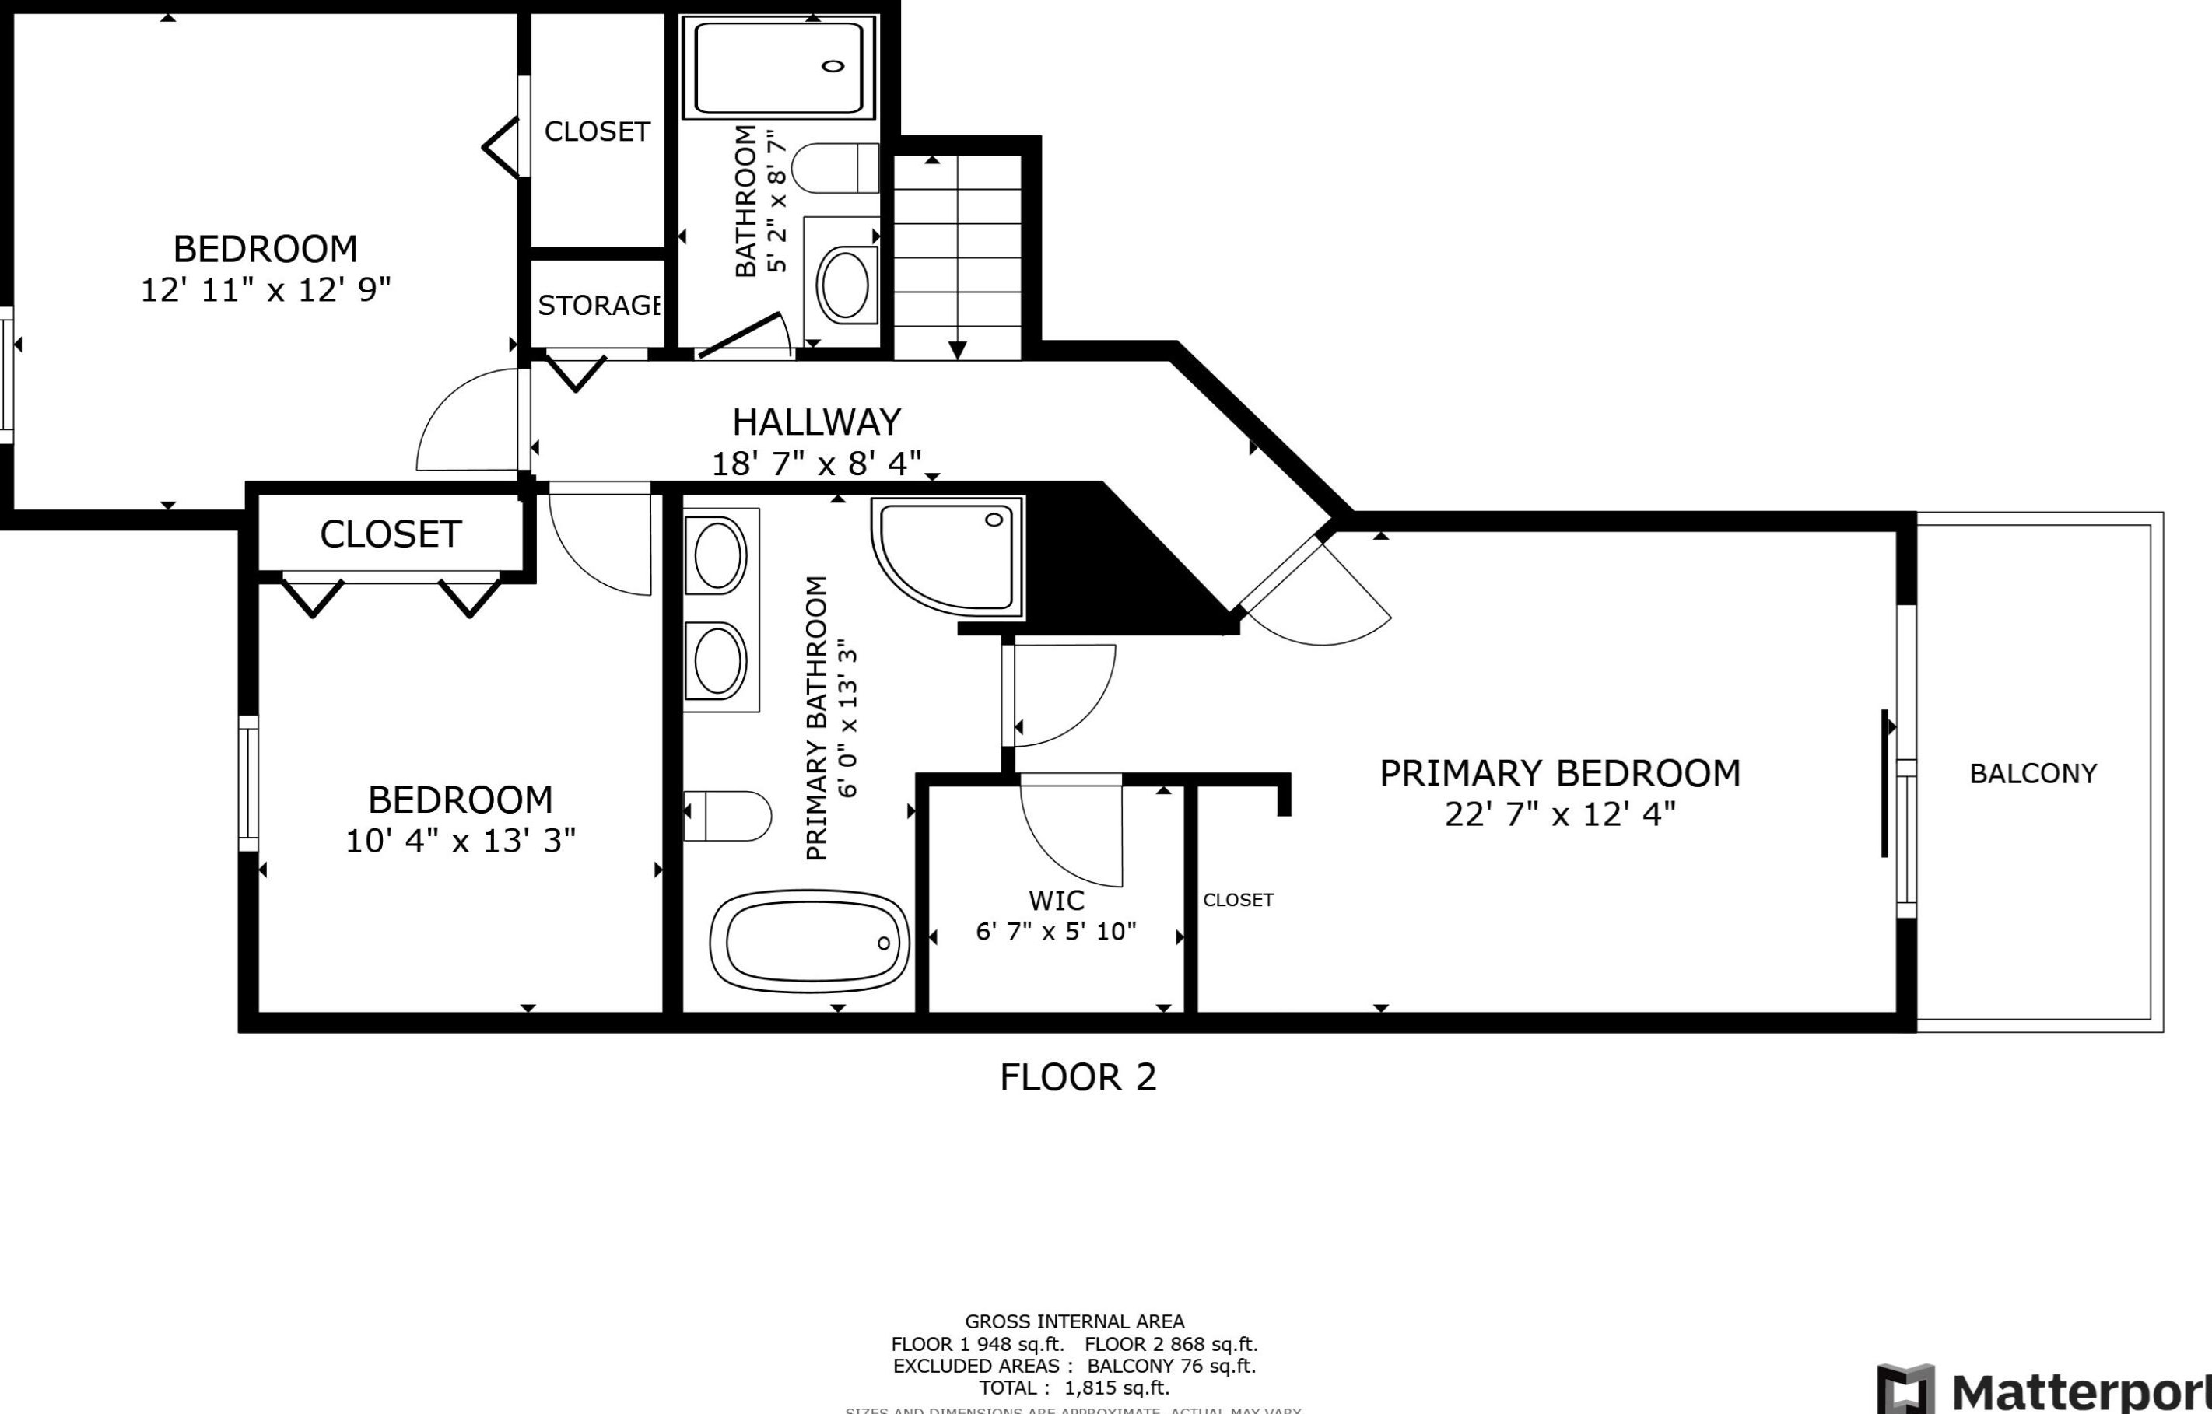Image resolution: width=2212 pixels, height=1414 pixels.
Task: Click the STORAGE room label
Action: pos(599,305)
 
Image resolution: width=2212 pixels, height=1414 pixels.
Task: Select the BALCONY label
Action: pos(2033,773)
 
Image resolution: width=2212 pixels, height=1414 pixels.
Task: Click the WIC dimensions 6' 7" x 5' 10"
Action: pos(1056,932)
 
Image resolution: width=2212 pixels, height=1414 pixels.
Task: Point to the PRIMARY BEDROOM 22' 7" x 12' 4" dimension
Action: pos(1560,814)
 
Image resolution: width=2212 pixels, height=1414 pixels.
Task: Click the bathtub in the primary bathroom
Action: pos(809,942)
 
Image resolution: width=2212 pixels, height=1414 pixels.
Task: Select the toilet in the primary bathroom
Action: pos(727,815)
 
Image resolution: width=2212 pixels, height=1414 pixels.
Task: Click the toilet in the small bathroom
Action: pos(834,168)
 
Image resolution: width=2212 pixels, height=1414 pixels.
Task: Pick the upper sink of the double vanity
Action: pos(719,556)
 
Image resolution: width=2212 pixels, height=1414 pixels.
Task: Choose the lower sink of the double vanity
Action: pos(719,661)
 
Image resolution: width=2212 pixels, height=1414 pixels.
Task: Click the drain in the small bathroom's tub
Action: pos(833,66)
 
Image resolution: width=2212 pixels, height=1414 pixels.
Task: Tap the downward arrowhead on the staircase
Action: pos(957,350)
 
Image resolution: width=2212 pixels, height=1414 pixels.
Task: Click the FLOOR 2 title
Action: pos(1078,1077)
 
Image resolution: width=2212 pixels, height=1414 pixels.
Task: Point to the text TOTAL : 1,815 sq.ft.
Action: pos(1074,1388)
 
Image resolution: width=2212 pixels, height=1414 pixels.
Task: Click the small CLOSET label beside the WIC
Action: pos(1239,900)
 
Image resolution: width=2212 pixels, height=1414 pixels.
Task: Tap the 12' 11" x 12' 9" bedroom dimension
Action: pos(265,290)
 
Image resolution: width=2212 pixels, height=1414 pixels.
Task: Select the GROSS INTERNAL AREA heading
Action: pos(1074,1321)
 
